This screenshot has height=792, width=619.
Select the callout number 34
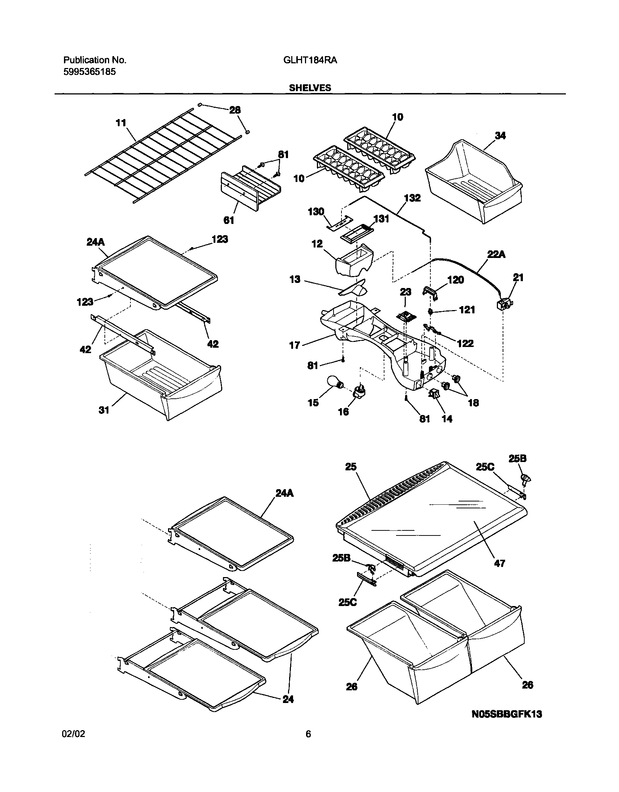point(500,136)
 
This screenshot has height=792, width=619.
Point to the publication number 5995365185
point(90,72)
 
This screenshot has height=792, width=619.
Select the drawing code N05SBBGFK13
point(507,713)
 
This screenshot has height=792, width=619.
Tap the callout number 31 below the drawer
point(104,410)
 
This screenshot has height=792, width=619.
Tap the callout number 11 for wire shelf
point(121,123)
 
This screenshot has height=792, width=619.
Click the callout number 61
point(229,220)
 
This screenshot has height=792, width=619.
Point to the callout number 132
point(412,198)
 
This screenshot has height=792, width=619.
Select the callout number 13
point(295,279)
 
